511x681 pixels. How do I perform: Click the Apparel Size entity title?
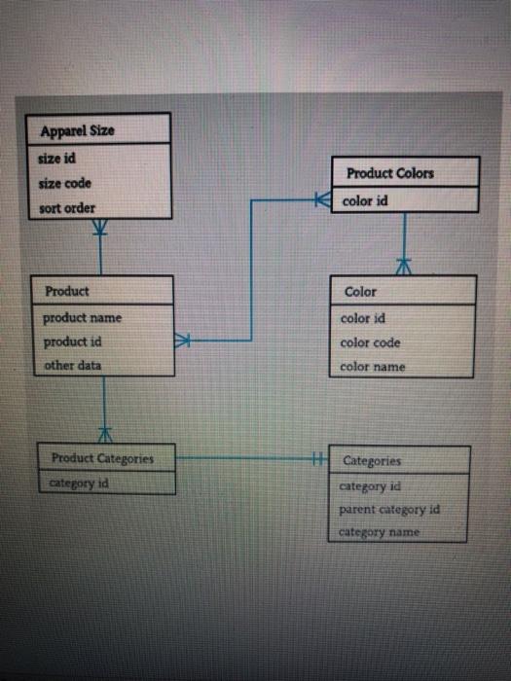click(x=78, y=130)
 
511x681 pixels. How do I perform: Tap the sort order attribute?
click(x=67, y=208)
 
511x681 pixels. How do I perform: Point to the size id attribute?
click(x=57, y=158)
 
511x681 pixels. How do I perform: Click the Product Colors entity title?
click(x=390, y=173)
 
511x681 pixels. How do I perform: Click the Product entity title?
click(x=67, y=291)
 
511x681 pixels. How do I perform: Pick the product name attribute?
click(x=82, y=317)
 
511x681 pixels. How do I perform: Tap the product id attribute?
click(x=74, y=341)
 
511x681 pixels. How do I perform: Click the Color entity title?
click(x=360, y=291)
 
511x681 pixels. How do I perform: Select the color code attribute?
click(x=370, y=342)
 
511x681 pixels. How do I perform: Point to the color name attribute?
click(x=373, y=367)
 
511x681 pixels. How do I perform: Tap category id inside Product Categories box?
click(x=79, y=481)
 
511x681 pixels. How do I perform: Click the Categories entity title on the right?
click(x=372, y=460)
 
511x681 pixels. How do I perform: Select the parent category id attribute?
click(x=389, y=509)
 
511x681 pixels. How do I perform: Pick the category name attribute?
click(x=380, y=532)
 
